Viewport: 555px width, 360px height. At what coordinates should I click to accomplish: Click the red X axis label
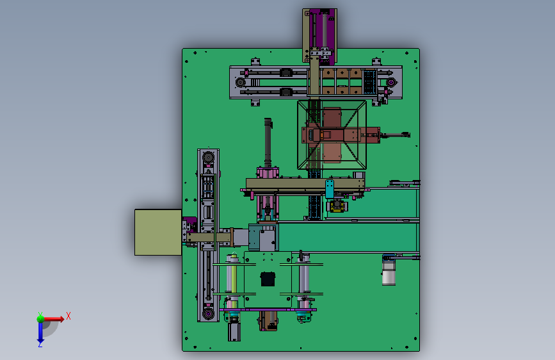(68, 316)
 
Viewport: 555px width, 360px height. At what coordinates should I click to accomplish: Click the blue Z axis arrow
(40, 332)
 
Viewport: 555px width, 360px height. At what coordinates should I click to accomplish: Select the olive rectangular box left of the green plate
(158, 232)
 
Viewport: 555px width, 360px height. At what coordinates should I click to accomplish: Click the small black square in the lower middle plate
(268, 279)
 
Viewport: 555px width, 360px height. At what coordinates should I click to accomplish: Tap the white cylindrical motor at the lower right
(389, 273)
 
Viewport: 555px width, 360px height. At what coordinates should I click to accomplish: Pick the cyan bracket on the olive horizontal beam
(330, 188)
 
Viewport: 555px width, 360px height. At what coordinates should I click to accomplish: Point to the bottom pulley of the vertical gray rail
(208, 314)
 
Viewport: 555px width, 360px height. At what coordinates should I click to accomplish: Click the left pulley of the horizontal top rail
(240, 83)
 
